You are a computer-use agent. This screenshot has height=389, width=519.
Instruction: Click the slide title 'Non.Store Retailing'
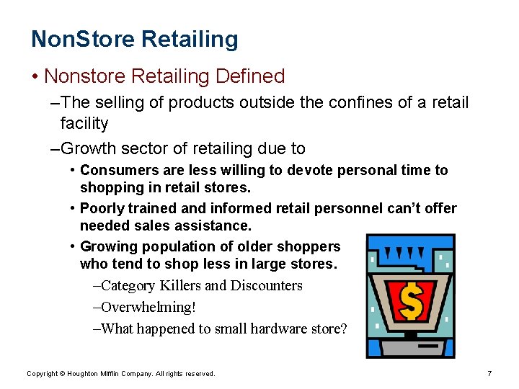[x=134, y=40]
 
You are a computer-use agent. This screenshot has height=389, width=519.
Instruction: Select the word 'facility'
[x=84, y=124]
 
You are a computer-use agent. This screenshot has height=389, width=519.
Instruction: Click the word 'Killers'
[x=179, y=286]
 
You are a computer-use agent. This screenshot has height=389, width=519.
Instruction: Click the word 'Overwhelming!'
[x=148, y=308]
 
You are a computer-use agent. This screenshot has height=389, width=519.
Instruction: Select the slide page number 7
[x=489, y=373]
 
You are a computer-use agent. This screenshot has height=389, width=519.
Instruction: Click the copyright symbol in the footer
[x=63, y=374]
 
